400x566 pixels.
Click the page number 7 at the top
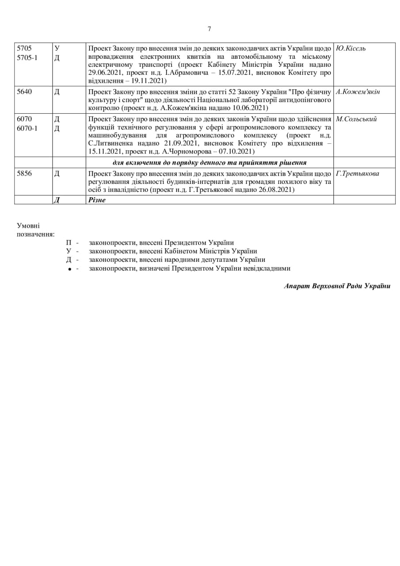coord(209,29)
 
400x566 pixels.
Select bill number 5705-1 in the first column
coord(27,57)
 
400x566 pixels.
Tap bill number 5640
coord(24,92)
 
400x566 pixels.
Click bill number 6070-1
coord(27,129)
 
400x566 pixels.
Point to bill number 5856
coord(24,174)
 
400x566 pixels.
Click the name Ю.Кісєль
coord(351,48)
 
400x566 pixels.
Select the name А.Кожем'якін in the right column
coord(358,92)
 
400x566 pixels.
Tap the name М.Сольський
coord(356,119)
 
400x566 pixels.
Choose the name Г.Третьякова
coord(357,174)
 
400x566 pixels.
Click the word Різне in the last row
coord(97,200)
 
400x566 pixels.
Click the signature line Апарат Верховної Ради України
coord(337,286)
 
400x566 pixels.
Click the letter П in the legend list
coord(69,243)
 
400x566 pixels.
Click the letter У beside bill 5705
coord(57,48)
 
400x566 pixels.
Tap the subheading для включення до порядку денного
coord(210,163)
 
